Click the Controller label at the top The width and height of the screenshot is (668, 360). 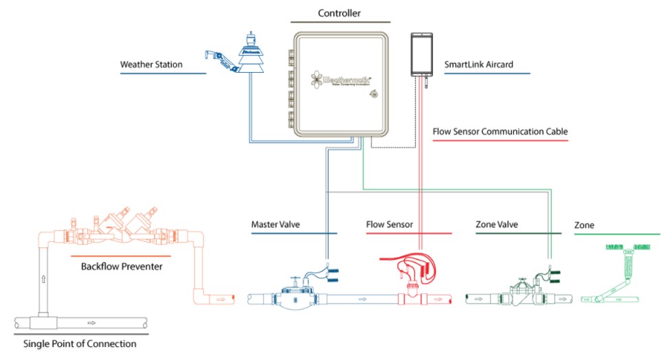339,13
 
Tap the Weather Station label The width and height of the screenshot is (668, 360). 151,65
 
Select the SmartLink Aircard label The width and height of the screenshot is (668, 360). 478,65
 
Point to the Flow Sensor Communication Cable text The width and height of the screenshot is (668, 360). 500,131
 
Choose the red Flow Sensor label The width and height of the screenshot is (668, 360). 389,225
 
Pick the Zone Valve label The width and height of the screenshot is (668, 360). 496,225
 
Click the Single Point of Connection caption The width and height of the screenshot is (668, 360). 80,344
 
